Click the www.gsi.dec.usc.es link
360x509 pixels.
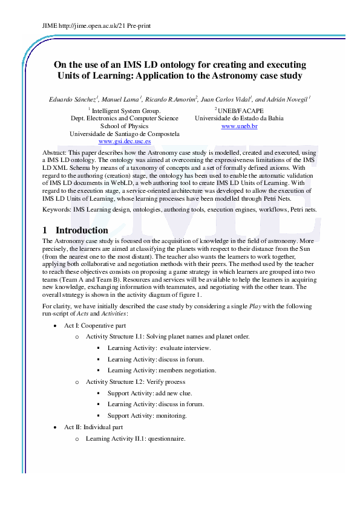(125, 141)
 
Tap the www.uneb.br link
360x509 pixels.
(239, 126)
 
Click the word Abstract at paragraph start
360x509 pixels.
(56, 154)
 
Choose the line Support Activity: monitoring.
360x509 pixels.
(147, 415)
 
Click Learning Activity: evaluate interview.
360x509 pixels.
(159, 348)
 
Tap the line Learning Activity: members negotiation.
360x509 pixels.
(162, 370)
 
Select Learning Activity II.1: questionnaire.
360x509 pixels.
(135, 438)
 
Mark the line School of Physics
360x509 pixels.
(124, 126)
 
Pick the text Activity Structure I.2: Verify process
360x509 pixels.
(136, 381)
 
